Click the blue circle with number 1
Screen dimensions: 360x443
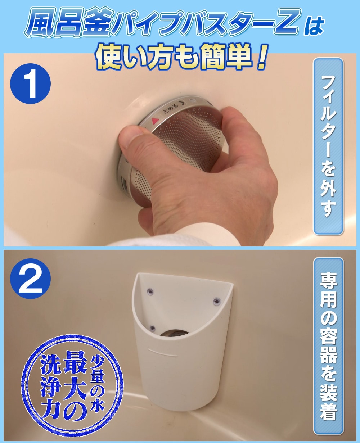coord(30,83)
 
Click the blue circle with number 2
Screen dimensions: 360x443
coord(30,279)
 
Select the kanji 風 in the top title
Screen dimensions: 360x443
coord(40,23)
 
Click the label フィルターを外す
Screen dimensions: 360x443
coord(328,147)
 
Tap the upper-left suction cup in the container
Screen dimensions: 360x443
coord(150,291)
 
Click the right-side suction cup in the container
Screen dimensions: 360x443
coord(217,301)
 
